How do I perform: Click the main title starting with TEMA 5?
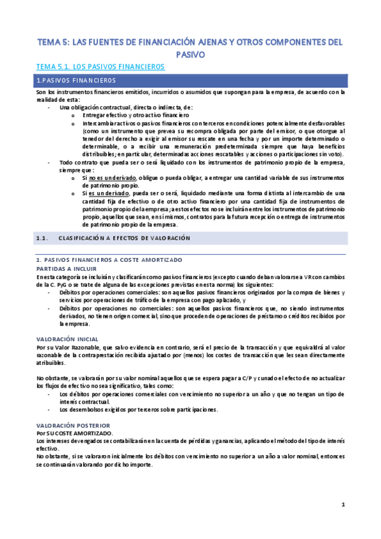(190, 43)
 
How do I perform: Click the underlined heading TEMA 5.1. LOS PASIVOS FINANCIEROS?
(100, 66)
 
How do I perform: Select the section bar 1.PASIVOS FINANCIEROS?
(76, 80)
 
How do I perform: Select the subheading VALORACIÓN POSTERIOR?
(73, 425)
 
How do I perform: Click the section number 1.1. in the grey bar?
(43, 238)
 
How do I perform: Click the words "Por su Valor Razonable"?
(64, 347)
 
